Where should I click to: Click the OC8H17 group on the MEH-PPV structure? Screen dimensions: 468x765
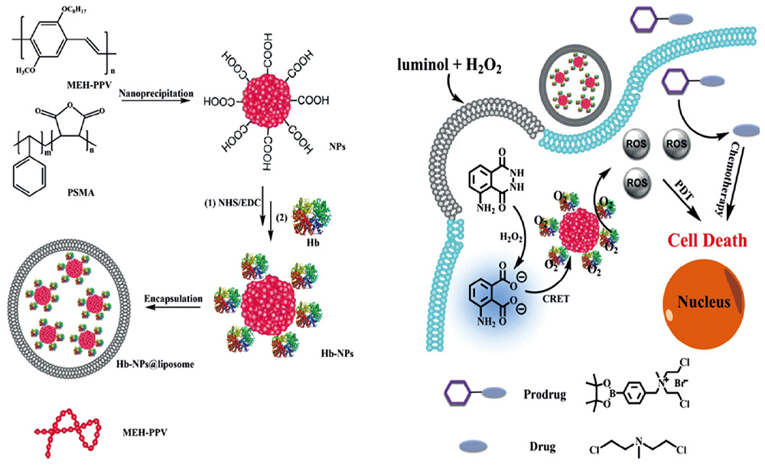click(x=73, y=10)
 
